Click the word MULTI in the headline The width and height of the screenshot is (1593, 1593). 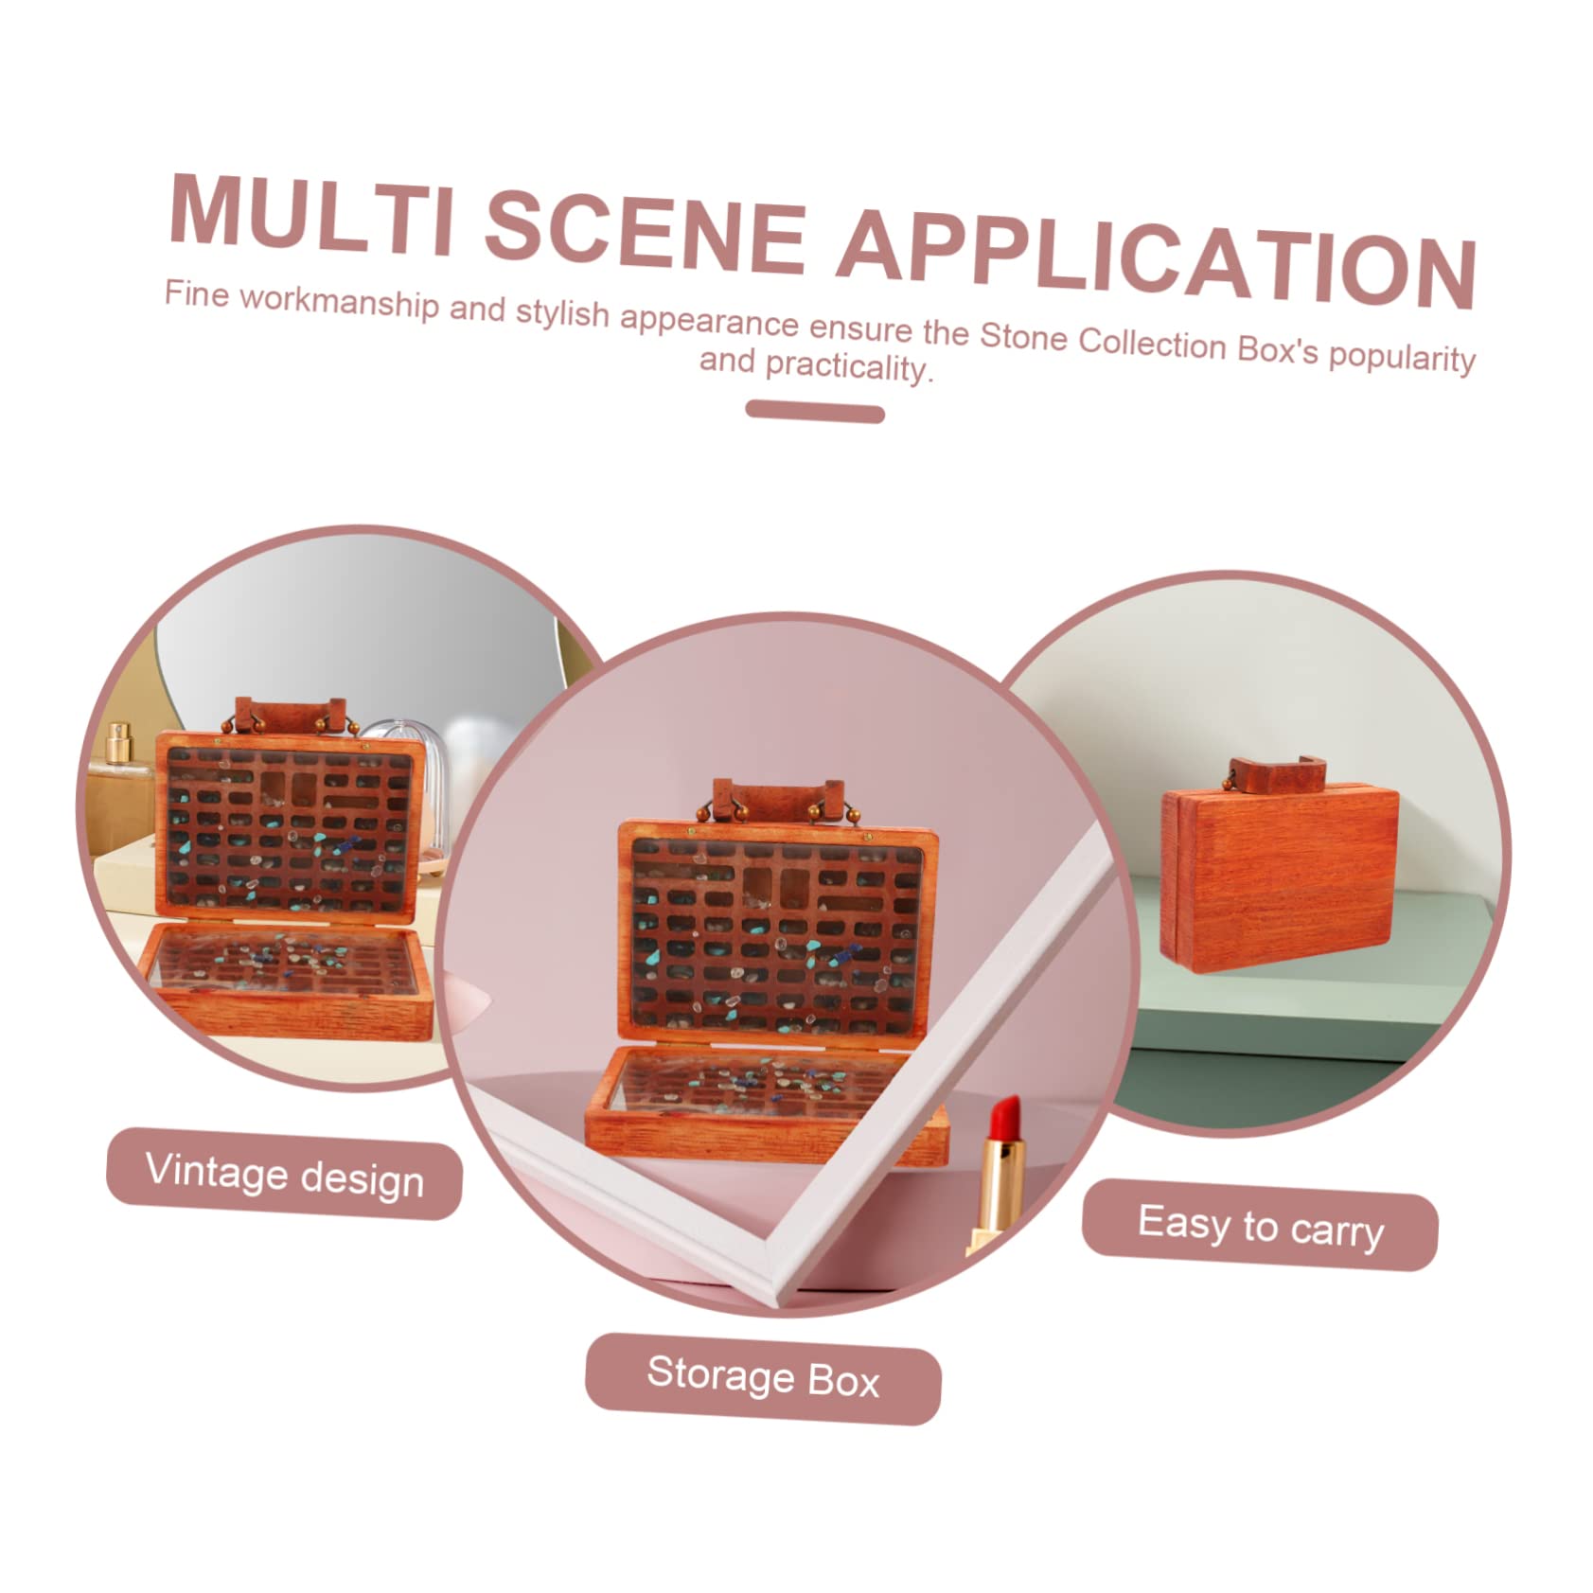click(x=312, y=214)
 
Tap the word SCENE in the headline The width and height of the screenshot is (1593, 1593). click(x=646, y=232)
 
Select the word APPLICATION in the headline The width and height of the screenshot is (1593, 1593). click(x=1157, y=259)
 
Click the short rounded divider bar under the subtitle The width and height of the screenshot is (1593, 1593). click(x=815, y=411)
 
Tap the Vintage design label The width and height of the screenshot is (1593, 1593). click(x=284, y=1174)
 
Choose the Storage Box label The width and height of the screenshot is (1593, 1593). click(x=763, y=1377)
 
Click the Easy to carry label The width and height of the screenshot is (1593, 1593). click(x=1260, y=1225)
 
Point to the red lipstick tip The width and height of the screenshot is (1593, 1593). click(x=1005, y=1117)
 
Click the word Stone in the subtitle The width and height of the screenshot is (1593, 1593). click(x=1023, y=338)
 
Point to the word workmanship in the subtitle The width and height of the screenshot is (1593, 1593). click(x=340, y=303)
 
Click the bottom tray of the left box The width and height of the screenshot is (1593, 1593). click(x=286, y=981)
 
